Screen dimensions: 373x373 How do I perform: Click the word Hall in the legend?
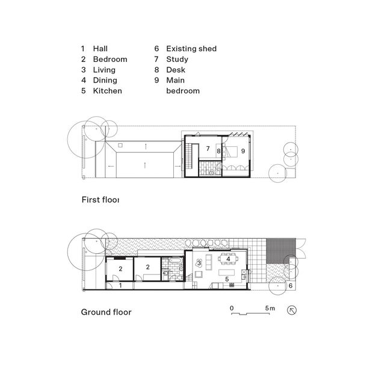[100, 49]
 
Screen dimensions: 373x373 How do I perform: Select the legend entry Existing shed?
[191, 49]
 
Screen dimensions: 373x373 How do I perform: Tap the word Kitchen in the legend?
[107, 91]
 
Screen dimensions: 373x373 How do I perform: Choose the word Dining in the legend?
[105, 81]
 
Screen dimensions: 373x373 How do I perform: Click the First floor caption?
[100, 200]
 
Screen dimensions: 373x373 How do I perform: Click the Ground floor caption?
[106, 312]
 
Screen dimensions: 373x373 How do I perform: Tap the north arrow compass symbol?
[293, 310]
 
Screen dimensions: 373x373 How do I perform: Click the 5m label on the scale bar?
[270, 307]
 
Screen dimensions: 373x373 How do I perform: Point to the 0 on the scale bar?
[232, 307]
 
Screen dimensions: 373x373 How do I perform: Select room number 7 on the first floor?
[206, 148]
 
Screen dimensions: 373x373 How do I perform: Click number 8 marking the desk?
[218, 151]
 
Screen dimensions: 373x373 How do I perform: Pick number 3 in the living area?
[198, 263]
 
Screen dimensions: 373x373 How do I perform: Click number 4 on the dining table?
[228, 260]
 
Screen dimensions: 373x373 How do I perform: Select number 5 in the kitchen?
[227, 279]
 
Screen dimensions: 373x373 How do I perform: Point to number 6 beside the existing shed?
[291, 286]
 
